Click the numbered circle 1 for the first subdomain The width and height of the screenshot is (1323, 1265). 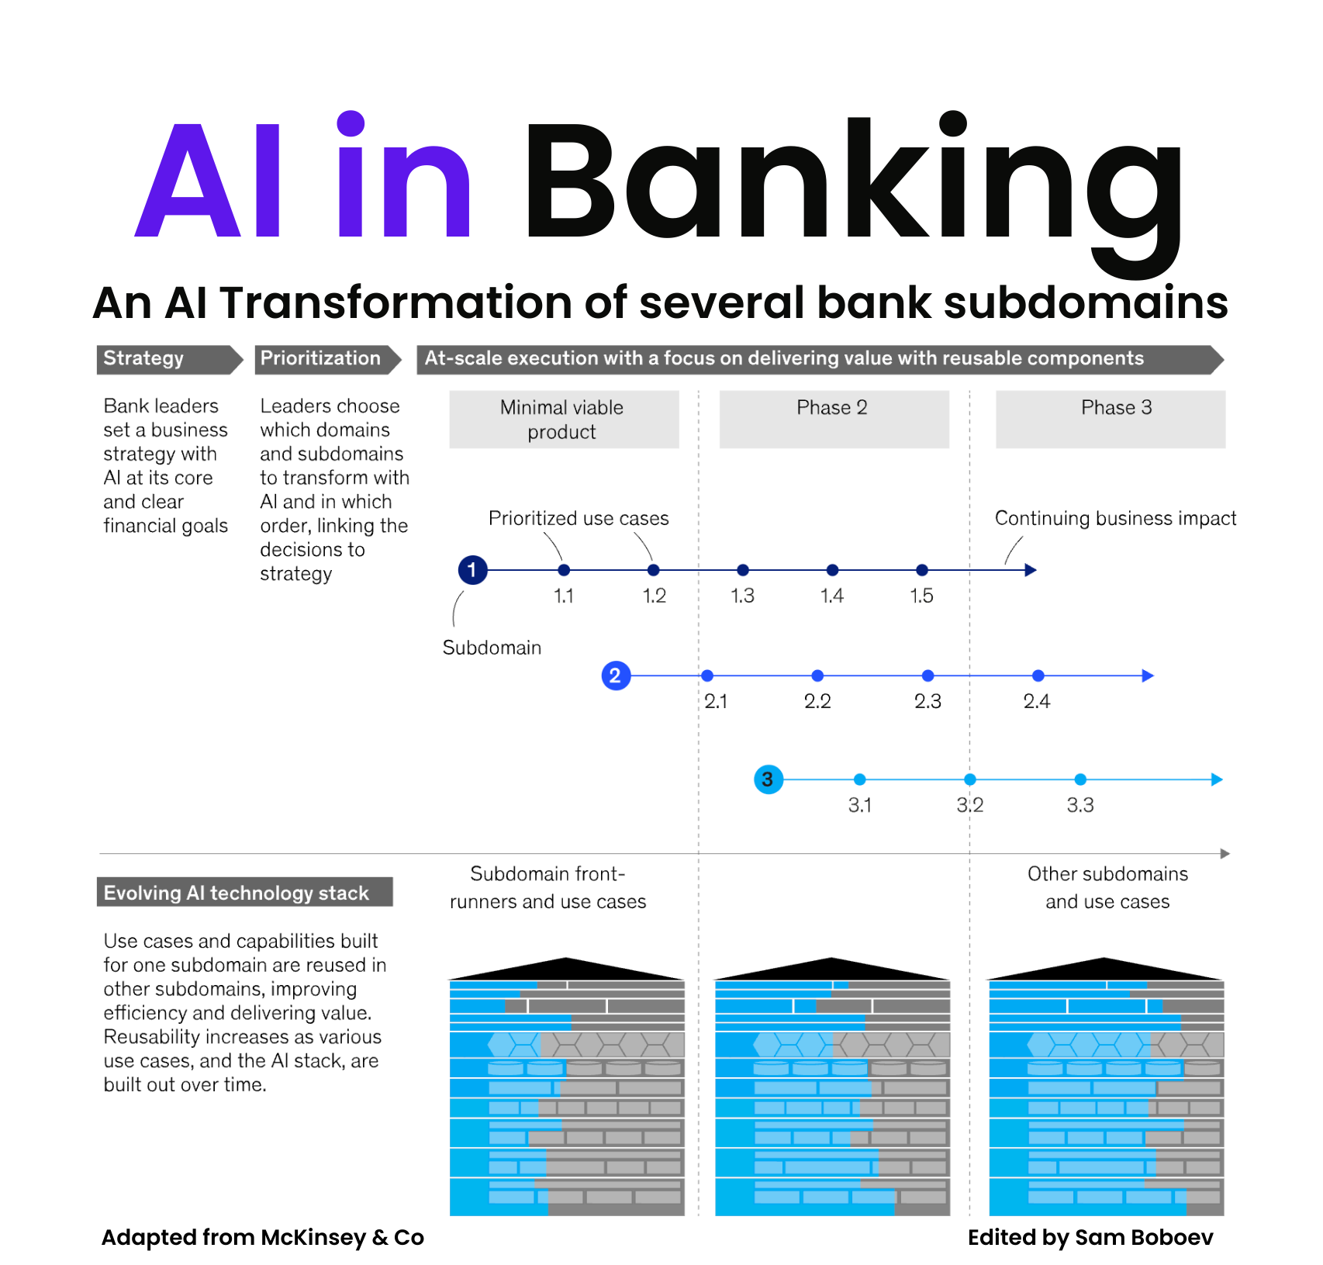click(x=472, y=570)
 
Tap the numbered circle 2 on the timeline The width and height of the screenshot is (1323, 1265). click(x=616, y=676)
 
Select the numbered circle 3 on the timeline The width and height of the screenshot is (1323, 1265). click(x=768, y=779)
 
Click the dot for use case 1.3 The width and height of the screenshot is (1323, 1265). click(x=743, y=570)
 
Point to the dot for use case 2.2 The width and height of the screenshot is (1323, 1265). click(x=817, y=676)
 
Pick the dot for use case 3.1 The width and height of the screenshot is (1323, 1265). click(x=859, y=779)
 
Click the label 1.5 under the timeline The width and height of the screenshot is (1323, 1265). click(x=921, y=596)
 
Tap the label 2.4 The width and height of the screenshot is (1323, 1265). click(x=1037, y=702)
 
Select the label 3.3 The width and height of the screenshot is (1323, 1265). click(x=1080, y=805)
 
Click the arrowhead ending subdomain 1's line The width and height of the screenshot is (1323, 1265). click(x=1031, y=570)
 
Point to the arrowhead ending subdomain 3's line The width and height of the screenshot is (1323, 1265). click(x=1217, y=779)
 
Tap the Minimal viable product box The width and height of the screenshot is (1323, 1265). click(x=564, y=420)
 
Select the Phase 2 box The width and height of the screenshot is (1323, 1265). click(x=834, y=420)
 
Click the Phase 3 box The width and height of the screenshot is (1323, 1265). click(x=1110, y=420)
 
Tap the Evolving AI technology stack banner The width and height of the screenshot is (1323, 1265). click(x=244, y=893)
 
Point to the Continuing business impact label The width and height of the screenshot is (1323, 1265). click(x=1115, y=518)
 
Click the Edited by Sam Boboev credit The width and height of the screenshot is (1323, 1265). click(x=1090, y=1237)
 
